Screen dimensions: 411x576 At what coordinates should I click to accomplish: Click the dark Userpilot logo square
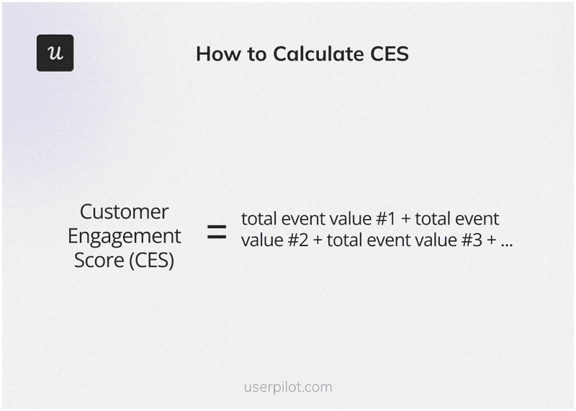click(55, 53)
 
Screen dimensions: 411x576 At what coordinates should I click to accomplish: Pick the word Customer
click(124, 212)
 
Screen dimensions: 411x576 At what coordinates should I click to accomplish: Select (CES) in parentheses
click(153, 260)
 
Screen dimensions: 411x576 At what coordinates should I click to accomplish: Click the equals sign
click(217, 232)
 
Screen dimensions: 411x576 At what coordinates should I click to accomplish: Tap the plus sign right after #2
click(318, 240)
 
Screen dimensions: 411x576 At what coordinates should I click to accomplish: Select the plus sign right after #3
click(492, 240)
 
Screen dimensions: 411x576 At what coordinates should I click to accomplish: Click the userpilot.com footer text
click(288, 387)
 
